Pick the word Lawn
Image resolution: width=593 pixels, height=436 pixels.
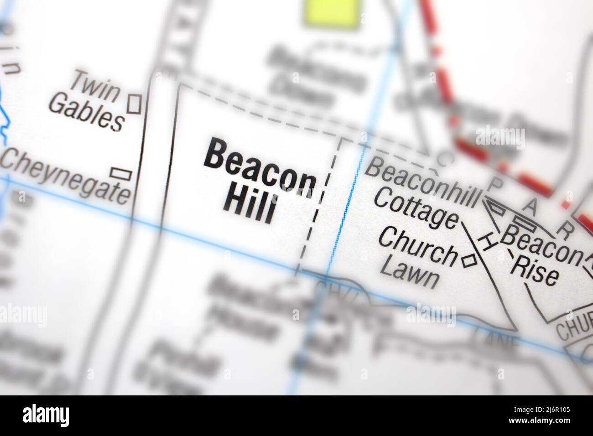[x=408, y=272]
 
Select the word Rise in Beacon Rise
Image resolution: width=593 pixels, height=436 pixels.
[x=534, y=271]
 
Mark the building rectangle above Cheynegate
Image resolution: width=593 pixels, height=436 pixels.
[x=121, y=173]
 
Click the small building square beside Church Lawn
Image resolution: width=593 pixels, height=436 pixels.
[x=469, y=260]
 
